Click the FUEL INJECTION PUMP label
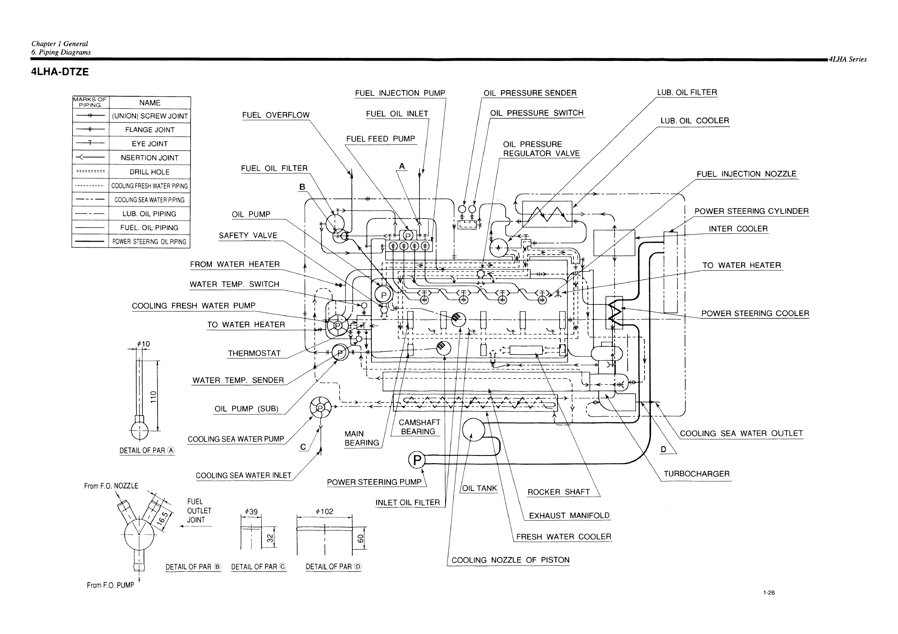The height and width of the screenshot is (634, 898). [x=400, y=93]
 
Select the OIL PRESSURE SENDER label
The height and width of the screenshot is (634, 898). [x=530, y=93]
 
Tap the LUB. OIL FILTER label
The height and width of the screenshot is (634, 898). [x=687, y=92]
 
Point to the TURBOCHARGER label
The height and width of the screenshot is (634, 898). [x=697, y=474]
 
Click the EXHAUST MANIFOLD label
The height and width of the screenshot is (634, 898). [x=569, y=516]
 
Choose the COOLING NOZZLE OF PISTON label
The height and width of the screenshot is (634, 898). [x=510, y=560]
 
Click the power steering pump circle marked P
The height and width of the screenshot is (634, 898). [x=417, y=460]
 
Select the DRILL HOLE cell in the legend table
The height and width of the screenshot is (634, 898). [x=150, y=172]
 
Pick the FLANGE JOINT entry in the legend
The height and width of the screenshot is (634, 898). [x=150, y=130]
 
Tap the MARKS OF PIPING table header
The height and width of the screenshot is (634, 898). [x=90, y=102]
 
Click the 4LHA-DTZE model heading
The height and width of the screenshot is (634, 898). [x=60, y=72]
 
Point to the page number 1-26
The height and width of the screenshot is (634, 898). [x=768, y=592]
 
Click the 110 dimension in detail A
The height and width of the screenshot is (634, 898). [x=153, y=396]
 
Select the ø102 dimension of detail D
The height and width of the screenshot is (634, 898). [x=324, y=511]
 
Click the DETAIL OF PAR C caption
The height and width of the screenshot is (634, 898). [x=259, y=567]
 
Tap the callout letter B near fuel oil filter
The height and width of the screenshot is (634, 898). [x=302, y=187]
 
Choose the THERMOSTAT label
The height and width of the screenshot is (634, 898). [x=254, y=353]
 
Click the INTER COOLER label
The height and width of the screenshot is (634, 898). [x=738, y=229]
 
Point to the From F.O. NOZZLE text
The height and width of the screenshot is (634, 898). [x=111, y=486]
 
